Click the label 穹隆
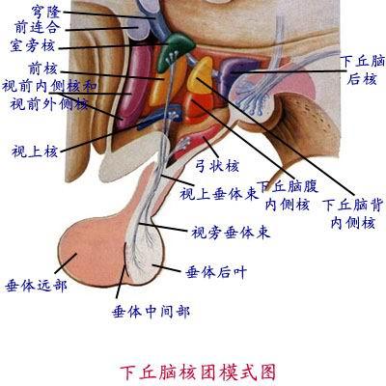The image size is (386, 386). point(45,13)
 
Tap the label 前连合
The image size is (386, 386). point(38,27)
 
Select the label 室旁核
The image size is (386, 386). point(32,45)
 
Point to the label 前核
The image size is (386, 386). point(42,69)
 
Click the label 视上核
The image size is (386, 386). point(35,151)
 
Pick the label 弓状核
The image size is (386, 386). point(217,166)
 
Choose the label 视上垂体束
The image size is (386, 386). point(219,194)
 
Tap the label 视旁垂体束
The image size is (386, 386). point(231,233)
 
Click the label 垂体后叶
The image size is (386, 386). point(216,273)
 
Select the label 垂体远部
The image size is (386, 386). point(36,286)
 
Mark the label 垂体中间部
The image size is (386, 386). point(151,312)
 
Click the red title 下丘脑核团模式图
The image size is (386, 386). point(198,372)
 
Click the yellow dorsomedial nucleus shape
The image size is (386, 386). point(201,75)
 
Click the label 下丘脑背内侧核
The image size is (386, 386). point(353,214)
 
